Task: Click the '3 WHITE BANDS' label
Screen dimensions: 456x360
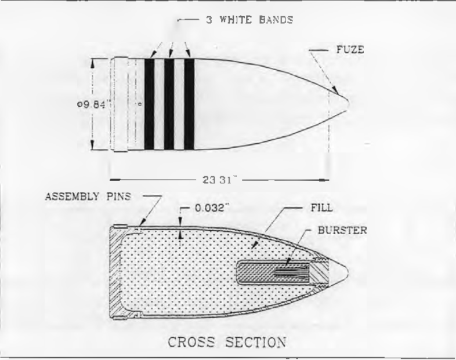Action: point(249,20)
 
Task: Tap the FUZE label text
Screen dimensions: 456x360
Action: point(350,50)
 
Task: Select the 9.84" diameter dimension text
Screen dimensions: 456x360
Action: point(95,104)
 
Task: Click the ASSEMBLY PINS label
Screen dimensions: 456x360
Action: point(88,197)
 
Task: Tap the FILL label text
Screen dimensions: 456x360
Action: point(321,208)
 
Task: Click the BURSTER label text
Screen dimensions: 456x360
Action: point(342,230)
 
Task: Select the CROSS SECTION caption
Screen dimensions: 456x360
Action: point(227,342)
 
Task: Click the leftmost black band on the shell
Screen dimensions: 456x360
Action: point(149,104)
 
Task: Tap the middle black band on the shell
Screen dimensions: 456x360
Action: point(169,104)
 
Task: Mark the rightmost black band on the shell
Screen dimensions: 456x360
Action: point(189,104)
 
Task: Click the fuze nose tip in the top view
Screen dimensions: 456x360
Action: point(349,102)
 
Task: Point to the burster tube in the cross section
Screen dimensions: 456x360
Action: point(273,272)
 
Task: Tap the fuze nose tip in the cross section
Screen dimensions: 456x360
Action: point(348,272)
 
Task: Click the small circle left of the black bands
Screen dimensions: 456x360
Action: point(140,104)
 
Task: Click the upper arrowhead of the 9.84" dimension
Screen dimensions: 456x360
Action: point(92,64)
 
